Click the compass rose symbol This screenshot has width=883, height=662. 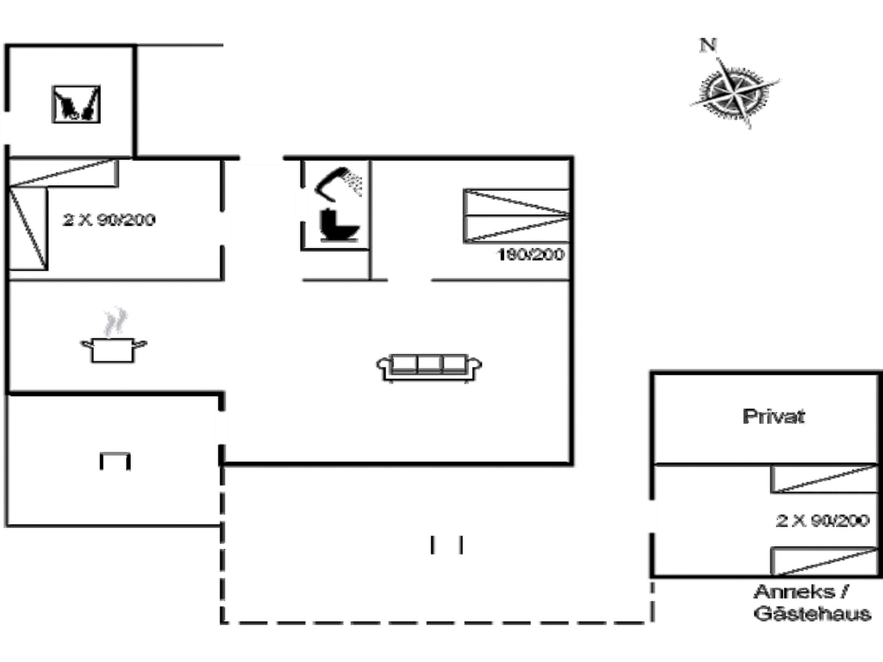735,92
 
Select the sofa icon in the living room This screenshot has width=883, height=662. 429,368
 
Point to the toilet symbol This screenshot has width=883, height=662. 338,225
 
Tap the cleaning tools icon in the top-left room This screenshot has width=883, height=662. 76,104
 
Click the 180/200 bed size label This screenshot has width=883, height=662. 531,255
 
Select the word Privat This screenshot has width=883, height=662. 773,416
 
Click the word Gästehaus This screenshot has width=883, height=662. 812,614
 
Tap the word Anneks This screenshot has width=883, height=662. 794,592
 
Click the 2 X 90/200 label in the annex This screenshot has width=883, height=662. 822,521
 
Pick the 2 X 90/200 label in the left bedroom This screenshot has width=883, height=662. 109,220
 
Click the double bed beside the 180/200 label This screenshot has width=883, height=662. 517,215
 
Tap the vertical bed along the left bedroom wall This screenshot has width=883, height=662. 28,228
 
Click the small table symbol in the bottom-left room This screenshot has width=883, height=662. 115,461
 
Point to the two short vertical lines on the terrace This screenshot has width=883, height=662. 447,545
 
